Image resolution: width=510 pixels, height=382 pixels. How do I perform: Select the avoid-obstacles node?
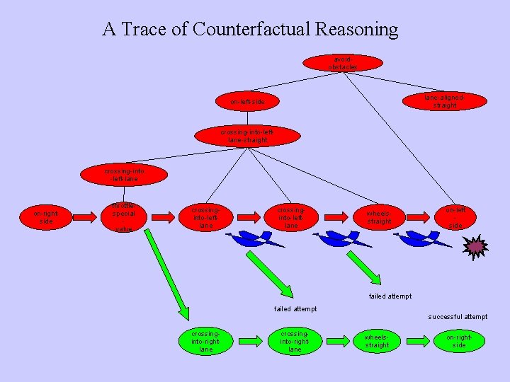tap(343, 62)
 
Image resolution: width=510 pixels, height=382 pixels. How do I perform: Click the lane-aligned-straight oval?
tap(445, 100)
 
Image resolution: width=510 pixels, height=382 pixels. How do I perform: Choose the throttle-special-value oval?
tap(124, 218)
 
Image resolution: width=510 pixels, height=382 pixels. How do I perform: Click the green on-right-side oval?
tap(459, 341)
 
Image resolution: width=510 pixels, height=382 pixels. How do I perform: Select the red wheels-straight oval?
tap(379, 218)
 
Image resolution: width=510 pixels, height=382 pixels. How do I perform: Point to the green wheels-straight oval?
tap(376, 341)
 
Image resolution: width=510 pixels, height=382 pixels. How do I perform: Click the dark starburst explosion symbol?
tap(475, 246)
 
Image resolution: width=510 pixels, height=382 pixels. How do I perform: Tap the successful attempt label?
tap(458, 316)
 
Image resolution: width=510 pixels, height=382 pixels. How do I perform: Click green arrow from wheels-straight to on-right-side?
tap(418, 341)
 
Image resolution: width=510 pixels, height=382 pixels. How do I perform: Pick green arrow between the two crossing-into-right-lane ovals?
tap(250, 341)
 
